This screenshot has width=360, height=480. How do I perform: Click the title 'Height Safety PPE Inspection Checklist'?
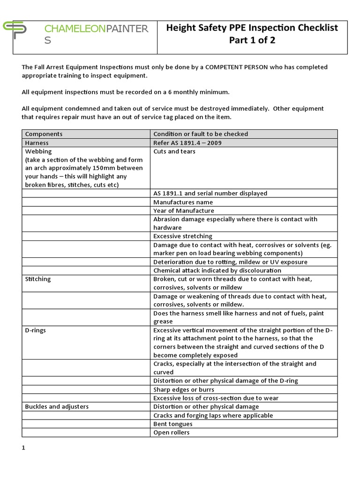pos(252,28)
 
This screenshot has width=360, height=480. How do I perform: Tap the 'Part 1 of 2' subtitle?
pos(252,40)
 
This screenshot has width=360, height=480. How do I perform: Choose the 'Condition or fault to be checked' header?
pos(201,134)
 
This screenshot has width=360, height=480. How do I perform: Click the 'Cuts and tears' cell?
pos(174,151)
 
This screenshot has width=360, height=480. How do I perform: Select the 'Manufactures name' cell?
pos(183,202)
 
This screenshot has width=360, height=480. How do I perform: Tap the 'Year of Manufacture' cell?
pos(184,210)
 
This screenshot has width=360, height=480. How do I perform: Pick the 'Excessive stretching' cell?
pos(183,236)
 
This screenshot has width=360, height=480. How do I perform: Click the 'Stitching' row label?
pos(37,279)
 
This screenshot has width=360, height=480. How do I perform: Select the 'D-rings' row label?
pos(36,330)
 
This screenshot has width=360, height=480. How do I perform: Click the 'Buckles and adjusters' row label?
pos(57,406)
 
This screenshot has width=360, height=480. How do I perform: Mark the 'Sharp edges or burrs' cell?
pos(184,390)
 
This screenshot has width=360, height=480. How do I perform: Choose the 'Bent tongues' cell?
pos(172,424)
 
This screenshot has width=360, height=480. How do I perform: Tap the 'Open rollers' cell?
pos(172,432)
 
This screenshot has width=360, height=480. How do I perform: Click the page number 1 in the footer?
pos(23,448)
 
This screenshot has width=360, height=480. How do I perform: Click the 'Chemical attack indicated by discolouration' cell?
pos(217,270)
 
